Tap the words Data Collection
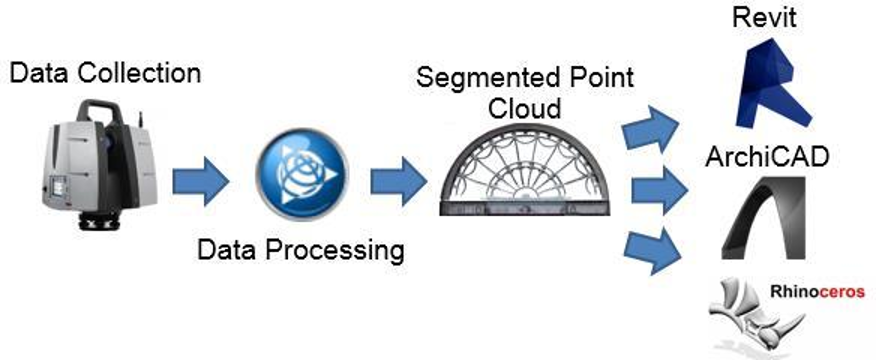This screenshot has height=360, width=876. coord(105,73)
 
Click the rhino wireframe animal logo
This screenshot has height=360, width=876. coord(748,315)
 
